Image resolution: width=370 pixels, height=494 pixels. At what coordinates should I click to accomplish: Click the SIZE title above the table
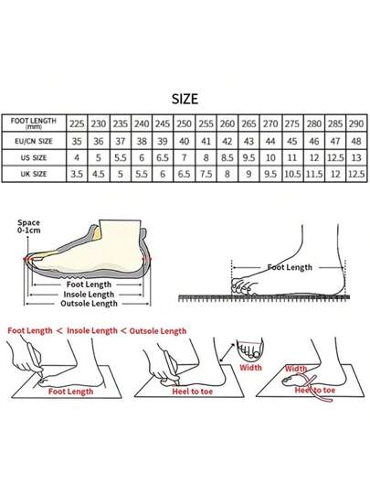[185, 99]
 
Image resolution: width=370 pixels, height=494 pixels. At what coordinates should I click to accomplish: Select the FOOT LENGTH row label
[34, 123]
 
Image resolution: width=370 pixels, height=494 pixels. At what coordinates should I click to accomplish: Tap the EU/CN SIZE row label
[34, 141]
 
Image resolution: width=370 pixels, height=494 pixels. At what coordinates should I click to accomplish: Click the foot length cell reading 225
[77, 123]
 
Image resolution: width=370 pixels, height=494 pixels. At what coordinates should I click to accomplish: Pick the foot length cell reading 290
[356, 123]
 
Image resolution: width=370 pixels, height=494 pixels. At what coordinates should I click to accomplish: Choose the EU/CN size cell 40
[184, 141]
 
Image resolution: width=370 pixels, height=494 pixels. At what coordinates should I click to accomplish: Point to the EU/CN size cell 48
[356, 141]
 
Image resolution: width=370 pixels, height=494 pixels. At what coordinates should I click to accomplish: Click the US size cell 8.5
[227, 157]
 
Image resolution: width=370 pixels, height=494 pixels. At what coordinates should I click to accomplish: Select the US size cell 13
[356, 157]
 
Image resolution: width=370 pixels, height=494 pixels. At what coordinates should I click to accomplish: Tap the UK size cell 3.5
[77, 174]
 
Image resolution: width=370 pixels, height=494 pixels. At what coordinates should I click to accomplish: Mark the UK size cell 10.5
[292, 174]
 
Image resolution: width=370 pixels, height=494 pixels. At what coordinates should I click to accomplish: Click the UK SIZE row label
[34, 174]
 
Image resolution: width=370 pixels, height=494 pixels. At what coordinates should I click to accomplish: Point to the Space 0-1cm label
[28, 227]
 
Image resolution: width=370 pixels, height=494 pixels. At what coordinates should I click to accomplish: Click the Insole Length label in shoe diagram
[89, 295]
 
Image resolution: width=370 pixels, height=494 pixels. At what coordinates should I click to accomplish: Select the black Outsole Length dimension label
[89, 304]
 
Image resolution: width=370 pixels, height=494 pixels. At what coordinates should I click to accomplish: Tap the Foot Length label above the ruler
[290, 267]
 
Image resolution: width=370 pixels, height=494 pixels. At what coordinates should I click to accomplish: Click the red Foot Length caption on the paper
[70, 392]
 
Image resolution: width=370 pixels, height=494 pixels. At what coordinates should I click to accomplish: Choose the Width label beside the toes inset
[250, 368]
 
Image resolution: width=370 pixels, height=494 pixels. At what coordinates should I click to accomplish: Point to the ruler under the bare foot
[264, 297]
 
